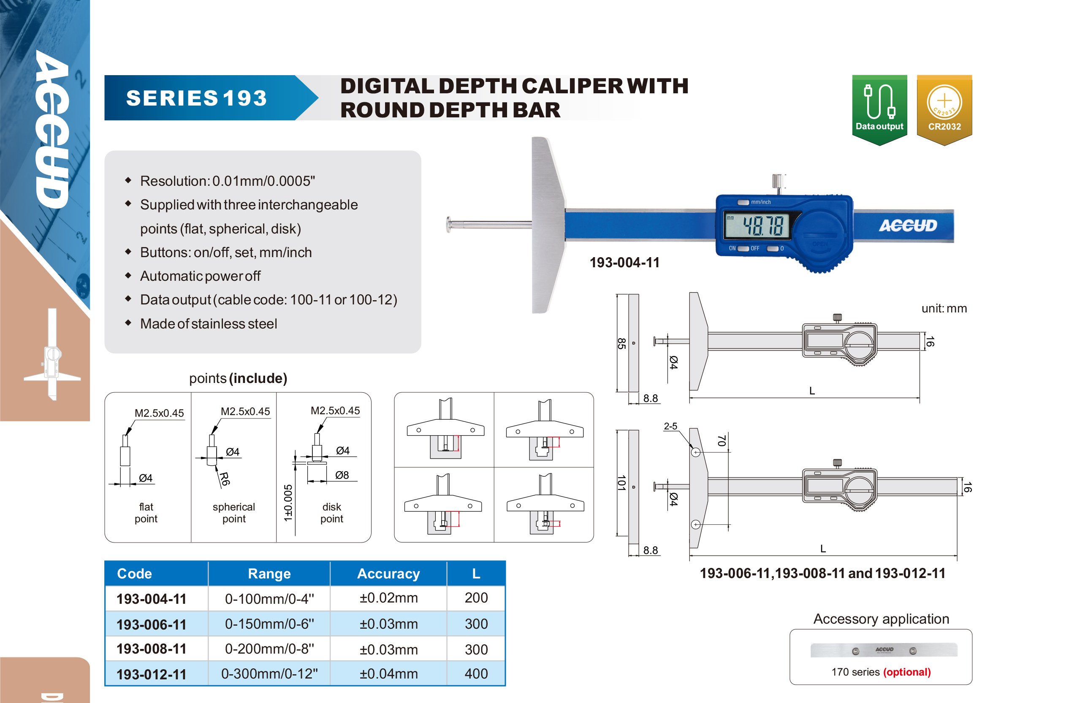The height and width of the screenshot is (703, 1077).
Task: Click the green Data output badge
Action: [x=879, y=109]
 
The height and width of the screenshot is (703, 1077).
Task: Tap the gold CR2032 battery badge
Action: [x=944, y=109]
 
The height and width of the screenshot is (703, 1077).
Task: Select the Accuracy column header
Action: [x=388, y=573]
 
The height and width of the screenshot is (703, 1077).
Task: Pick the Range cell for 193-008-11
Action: [x=269, y=649]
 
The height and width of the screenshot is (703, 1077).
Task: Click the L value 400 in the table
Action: [x=476, y=673]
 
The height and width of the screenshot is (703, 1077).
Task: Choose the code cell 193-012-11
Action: [x=152, y=674]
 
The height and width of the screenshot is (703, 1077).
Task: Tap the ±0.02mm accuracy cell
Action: [x=388, y=598]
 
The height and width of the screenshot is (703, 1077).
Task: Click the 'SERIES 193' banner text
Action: [x=196, y=98]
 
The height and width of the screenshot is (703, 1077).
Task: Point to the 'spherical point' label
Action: [x=234, y=513]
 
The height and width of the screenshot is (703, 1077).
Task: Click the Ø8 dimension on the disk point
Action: [x=342, y=475]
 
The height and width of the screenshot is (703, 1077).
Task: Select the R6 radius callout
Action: [x=225, y=478]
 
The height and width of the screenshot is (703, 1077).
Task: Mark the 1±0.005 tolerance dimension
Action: [x=288, y=502]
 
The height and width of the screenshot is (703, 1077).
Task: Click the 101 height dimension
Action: [x=621, y=483]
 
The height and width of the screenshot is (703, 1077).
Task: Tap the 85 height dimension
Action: [x=621, y=344]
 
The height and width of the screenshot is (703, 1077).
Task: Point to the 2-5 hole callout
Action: [x=670, y=426]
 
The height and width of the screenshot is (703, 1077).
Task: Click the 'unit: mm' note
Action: [x=944, y=308]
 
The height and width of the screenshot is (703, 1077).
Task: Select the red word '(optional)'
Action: [x=907, y=672]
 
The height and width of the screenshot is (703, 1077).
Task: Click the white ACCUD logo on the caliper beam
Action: [x=908, y=225]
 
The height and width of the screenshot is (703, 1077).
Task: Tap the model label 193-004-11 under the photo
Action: [x=624, y=263]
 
